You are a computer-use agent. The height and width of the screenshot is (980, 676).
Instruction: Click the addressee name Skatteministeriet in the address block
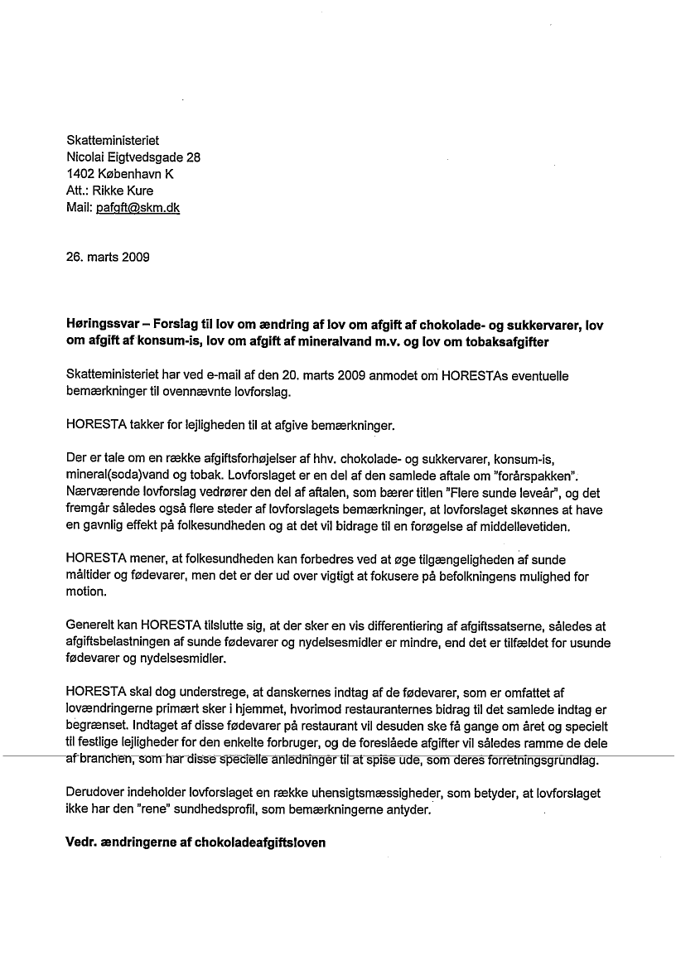coord(112,141)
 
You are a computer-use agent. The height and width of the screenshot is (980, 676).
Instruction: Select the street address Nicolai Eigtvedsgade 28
coord(133,157)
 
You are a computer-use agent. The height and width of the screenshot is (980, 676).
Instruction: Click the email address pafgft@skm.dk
coord(138,208)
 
